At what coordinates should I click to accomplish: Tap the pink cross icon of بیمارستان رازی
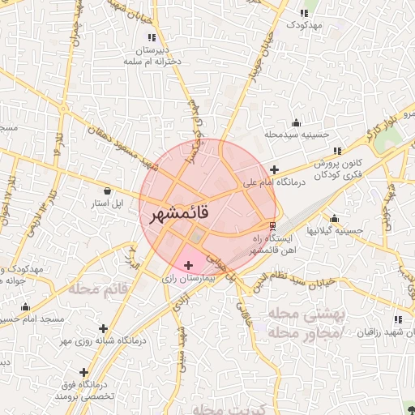coord(189,265)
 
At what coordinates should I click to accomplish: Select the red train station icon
coord(272,225)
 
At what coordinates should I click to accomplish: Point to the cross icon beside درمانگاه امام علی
coord(275,170)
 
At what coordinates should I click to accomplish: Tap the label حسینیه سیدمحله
coord(297,134)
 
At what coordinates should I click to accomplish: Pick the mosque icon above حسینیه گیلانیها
coord(334,217)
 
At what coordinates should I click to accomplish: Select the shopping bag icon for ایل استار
coord(109,190)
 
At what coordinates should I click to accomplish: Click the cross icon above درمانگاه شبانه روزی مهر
coord(103,328)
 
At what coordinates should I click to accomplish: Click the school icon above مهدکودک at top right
coord(304,13)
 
